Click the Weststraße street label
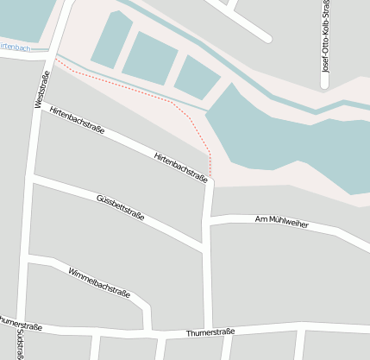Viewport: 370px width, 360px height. [41, 89]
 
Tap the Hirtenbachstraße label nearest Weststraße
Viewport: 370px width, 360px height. [77, 122]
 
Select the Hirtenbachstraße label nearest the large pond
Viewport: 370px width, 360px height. [180, 167]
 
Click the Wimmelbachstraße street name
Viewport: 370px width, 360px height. [99, 282]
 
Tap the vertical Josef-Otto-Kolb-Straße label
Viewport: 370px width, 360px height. [325, 43]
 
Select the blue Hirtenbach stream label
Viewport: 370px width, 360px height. [16, 47]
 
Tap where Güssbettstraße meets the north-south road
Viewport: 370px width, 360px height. [206, 249]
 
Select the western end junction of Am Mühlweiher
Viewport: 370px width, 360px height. [210, 221]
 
